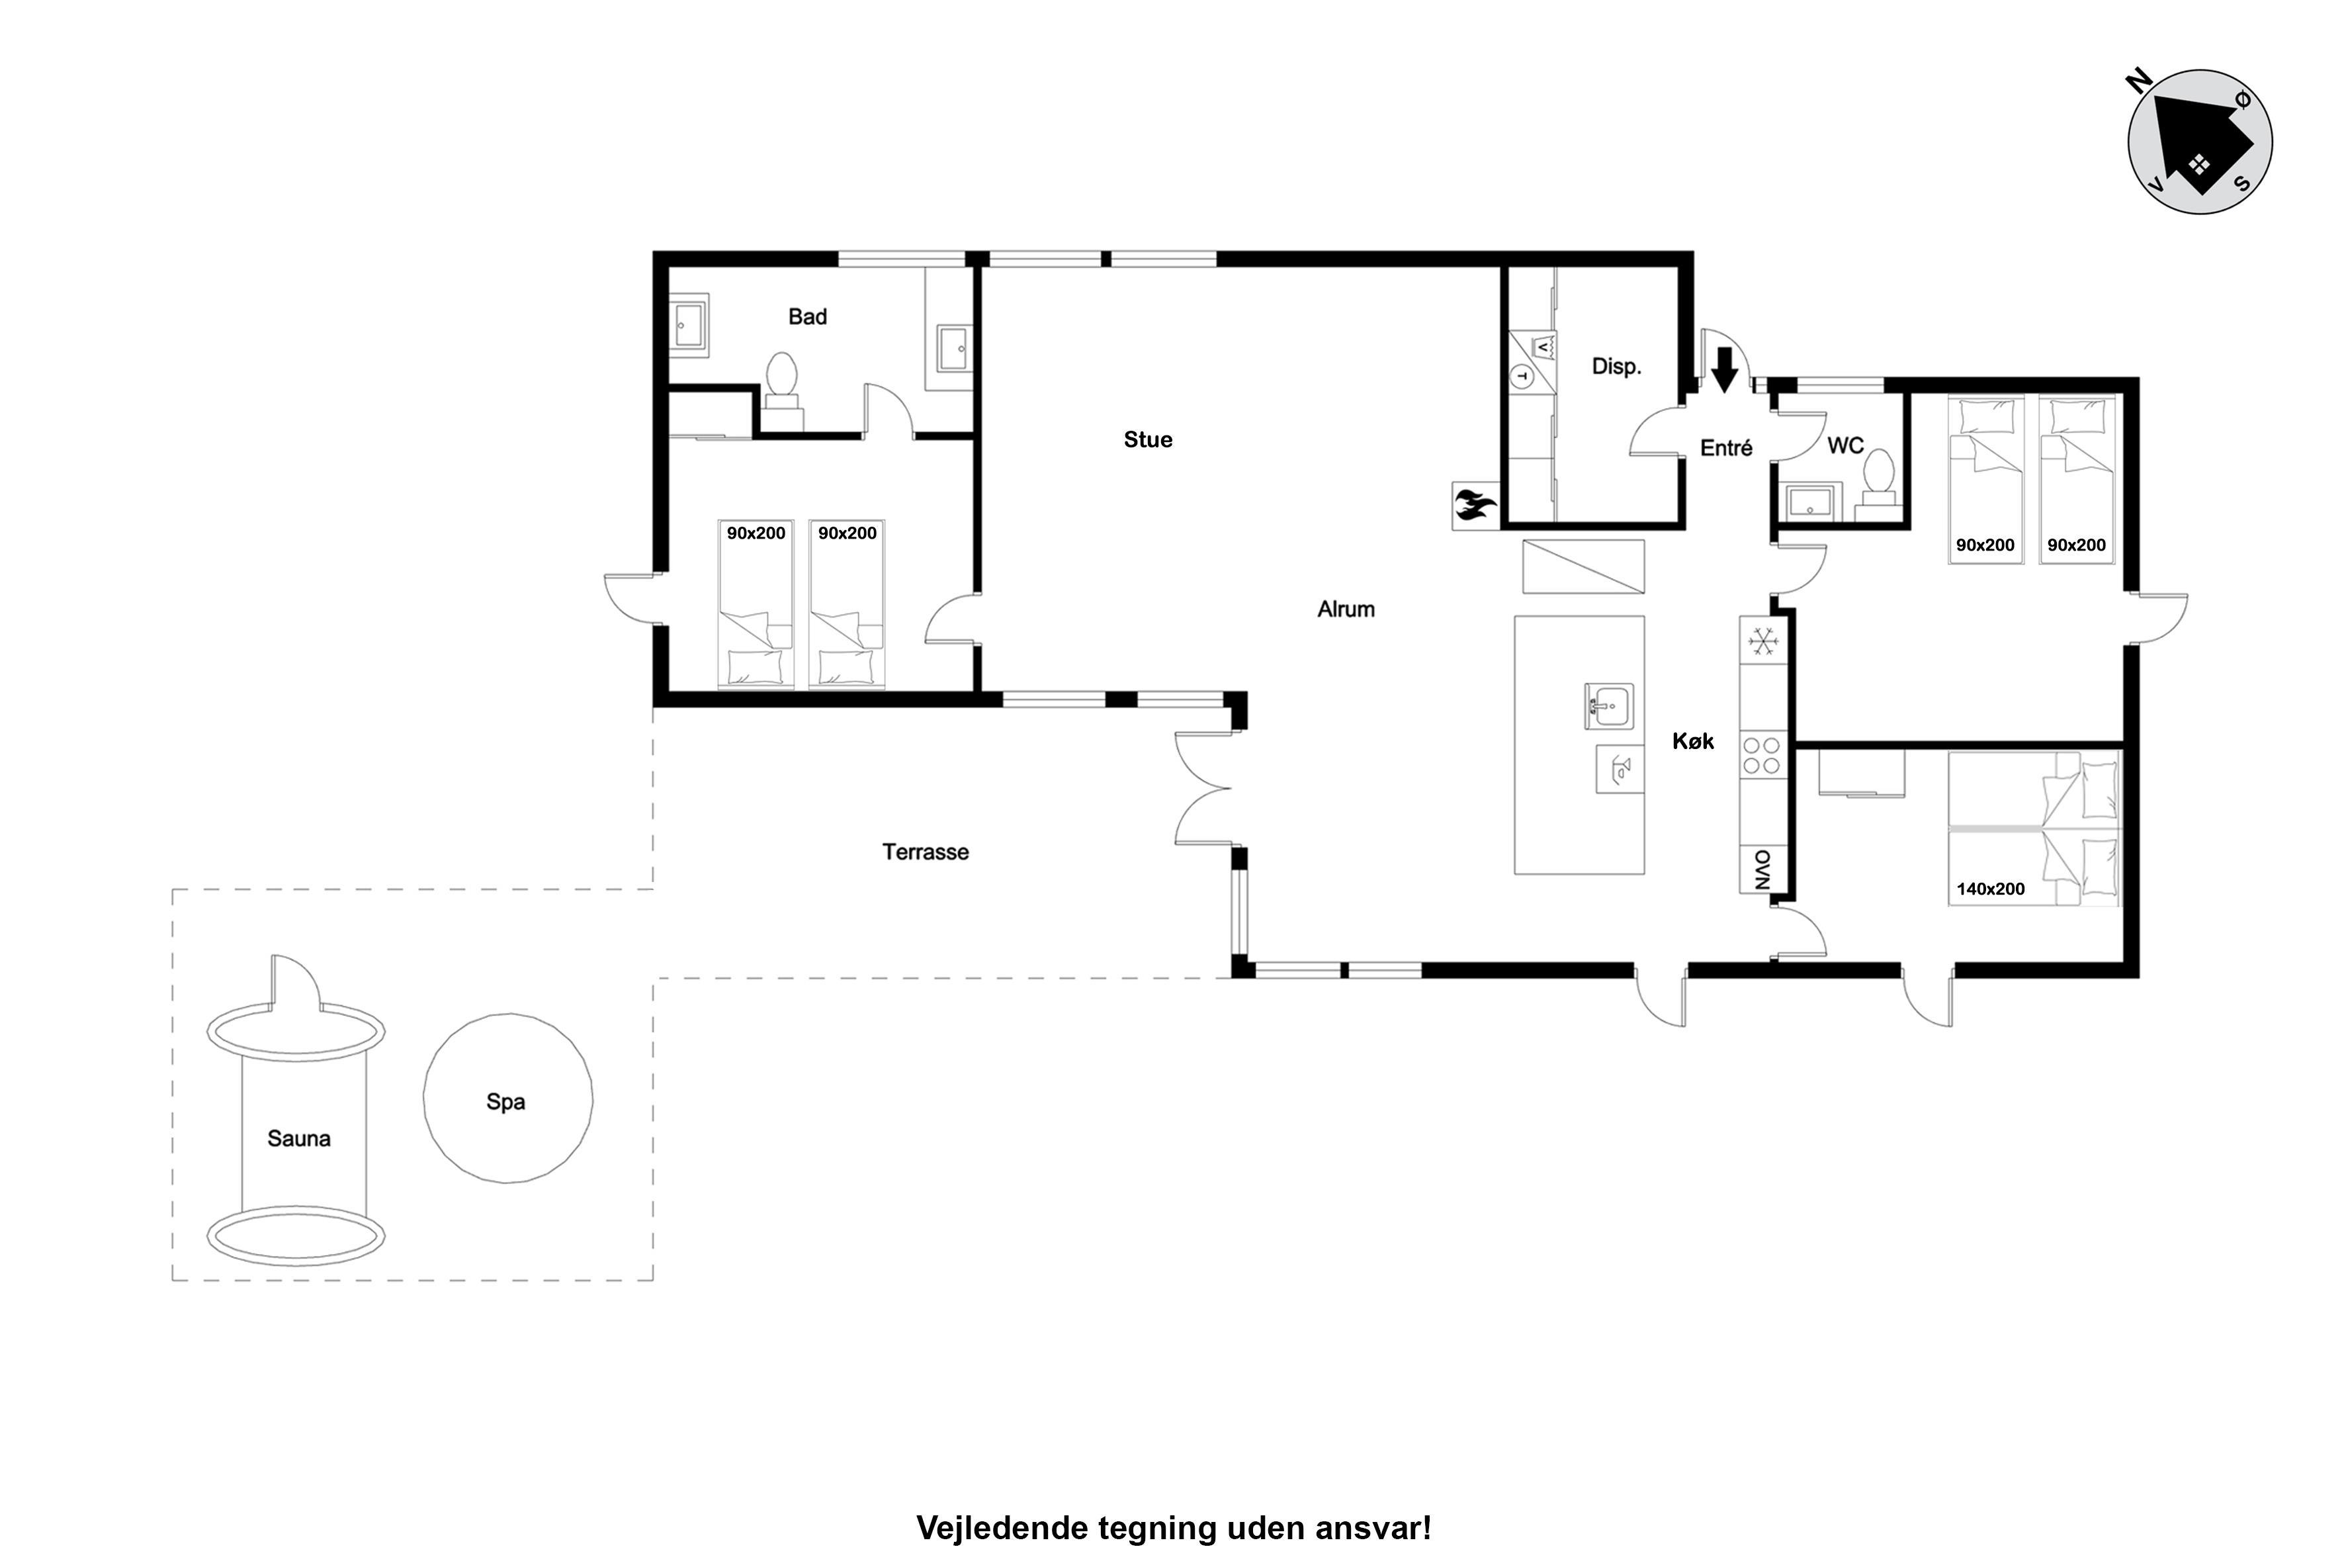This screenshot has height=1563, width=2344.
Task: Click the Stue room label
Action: click(1148, 439)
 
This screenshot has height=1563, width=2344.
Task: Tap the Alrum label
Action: click(1346, 609)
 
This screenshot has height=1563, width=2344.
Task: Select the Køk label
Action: click(1693, 740)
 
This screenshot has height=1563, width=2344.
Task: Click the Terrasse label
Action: click(925, 852)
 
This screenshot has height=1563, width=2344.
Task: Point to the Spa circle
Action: click(508, 1098)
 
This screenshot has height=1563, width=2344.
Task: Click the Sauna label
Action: click(299, 1138)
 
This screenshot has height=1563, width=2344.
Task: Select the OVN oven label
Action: click(1762, 870)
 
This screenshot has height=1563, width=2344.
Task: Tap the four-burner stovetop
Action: click(1761, 754)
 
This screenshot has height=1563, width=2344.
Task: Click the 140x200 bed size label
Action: click(1990, 889)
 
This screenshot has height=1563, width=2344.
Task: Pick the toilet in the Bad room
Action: click(783, 390)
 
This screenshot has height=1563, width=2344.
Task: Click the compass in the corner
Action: click(2200, 142)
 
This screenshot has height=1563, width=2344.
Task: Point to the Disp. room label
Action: click(1616, 367)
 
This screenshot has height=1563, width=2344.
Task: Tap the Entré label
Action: click(1726, 449)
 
